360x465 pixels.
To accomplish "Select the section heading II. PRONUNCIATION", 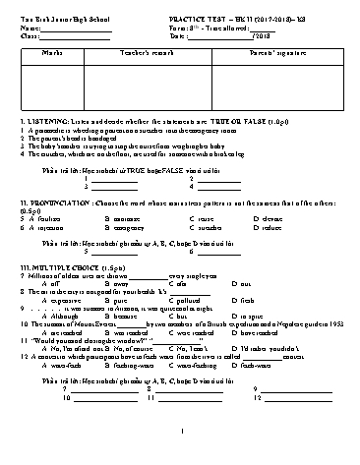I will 54,202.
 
